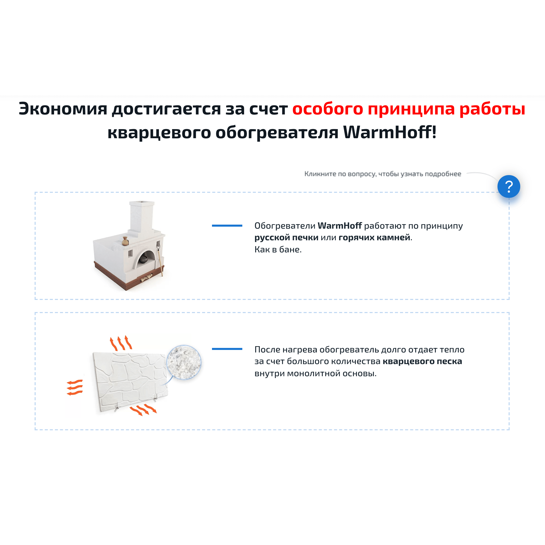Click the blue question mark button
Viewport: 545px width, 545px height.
click(509, 186)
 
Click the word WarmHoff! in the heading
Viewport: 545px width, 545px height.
click(390, 132)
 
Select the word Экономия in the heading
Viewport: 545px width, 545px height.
click(63, 109)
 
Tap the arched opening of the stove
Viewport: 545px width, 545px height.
click(145, 258)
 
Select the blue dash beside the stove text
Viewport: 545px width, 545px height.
click(227, 226)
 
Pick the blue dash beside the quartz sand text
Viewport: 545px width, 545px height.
click(227, 349)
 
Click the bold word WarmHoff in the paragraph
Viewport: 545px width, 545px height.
click(340, 226)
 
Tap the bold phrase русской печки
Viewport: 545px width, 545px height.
click(286, 238)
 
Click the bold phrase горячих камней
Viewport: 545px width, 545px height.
click(374, 238)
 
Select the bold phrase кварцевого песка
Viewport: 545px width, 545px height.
click(422, 361)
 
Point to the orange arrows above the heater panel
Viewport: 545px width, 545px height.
click(121, 343)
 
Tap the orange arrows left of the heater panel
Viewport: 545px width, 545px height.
click(75, 388)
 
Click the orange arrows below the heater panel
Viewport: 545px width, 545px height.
click(143, 410)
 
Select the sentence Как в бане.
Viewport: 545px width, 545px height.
click(278, 250)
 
